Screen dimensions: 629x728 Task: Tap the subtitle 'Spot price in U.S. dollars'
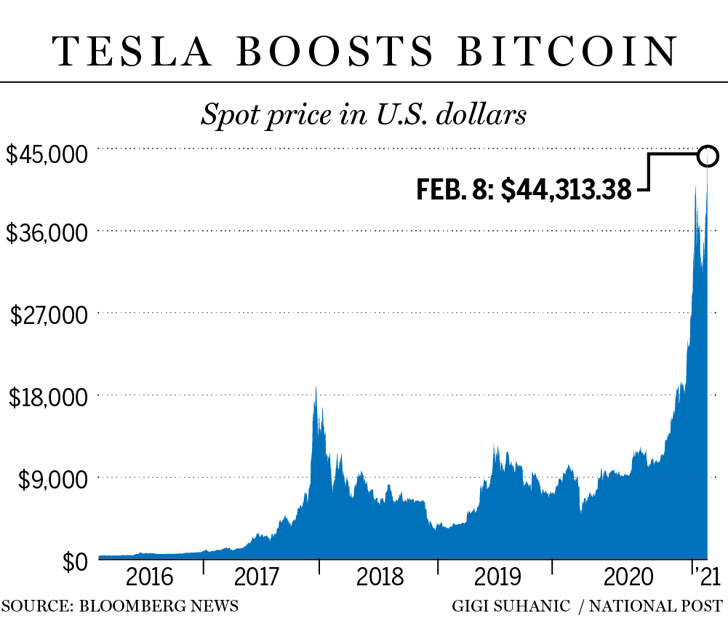[364, 115]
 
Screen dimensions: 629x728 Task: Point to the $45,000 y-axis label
[47, 155]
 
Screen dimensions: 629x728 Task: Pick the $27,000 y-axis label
[47, 315]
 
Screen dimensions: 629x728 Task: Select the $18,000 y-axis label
[47, 397]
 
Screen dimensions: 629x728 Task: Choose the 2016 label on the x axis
[150, 578]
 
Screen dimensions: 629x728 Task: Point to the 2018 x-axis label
[380, 578]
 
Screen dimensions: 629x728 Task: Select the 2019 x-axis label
[497, 578]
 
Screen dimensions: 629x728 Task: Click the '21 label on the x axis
[706, 578]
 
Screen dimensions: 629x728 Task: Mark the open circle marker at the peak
[708, 155]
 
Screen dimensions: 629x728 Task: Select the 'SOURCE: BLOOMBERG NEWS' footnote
[119, 606]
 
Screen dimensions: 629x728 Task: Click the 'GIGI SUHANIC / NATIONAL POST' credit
[587, 606]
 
